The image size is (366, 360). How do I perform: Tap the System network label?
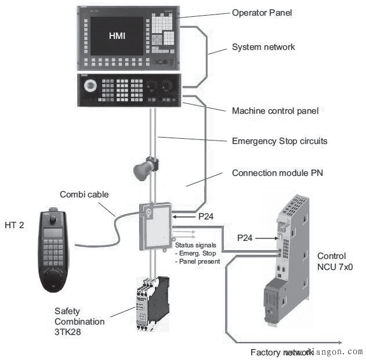tap(263, 47)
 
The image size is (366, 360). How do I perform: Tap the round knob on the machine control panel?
tap(90, 87)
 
